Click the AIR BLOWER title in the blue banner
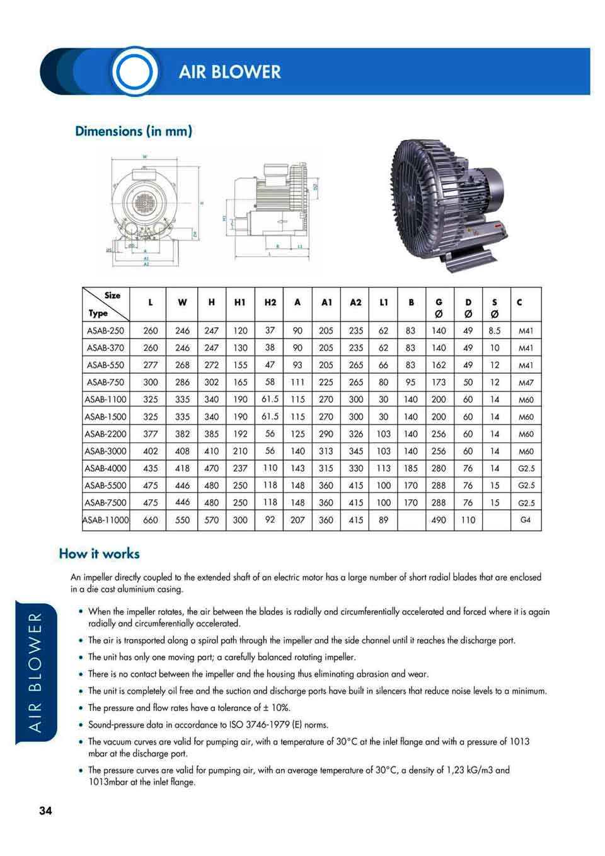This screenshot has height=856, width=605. (x=229, y=72)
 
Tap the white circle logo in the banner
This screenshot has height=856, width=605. (x=134, y=72)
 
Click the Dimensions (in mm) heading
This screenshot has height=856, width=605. (x=134, y=131)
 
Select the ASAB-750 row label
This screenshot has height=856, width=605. (x=105, y=382)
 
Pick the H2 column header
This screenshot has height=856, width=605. (x=270, y=303)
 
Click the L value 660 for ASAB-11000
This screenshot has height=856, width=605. (x=151, y=520)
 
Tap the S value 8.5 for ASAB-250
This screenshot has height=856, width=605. (x=495, y=330)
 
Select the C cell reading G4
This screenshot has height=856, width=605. (x=526, y=520)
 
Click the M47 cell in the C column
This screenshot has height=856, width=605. (x=526, y=383)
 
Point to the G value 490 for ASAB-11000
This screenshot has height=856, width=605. (x=439, y=520)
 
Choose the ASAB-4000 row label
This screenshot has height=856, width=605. (x=105, y=468)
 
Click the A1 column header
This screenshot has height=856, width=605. (x=326, y=303)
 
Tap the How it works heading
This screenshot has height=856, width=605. (x=99, y=553)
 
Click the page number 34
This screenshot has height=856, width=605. (x=45, y=811)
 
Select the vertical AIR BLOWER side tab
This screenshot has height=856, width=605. (x=36, y=672)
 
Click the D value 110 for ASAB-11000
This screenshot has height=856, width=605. (x=468, y=520)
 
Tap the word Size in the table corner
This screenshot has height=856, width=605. (x=112, y=295)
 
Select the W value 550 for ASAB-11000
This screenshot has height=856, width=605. (x=182, y=520)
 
